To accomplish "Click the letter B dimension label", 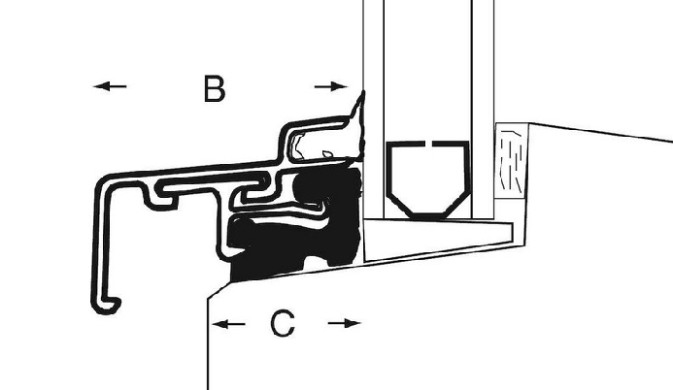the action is [x=214, y=89].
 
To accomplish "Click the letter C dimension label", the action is [x=283, y=324].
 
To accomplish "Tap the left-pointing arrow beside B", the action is [x=110, y=86].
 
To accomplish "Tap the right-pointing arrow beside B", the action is [x=331, y=86].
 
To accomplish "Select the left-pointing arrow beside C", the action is [x=229, y=324].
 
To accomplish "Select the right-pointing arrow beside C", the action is [x=344, y=323].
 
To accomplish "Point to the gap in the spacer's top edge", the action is [x=428, y=144].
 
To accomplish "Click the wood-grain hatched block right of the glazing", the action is [x=511, y=161].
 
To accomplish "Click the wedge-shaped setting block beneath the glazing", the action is [x=438, y=239].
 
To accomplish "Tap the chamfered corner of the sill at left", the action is [x=219, y=290].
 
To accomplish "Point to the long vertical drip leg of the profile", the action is [x=100, y=240].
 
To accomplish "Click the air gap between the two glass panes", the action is [x=428, y=69].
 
